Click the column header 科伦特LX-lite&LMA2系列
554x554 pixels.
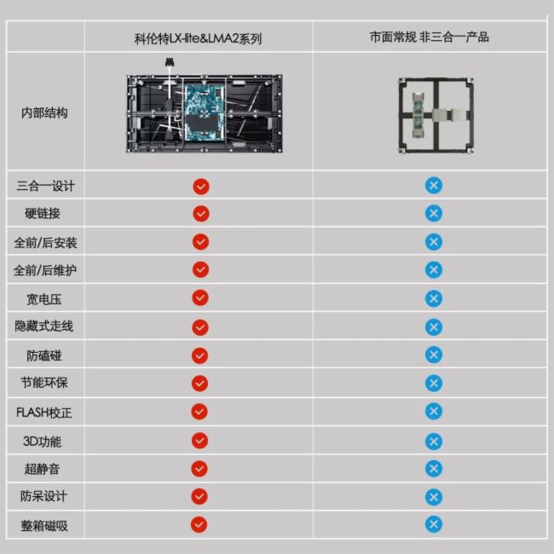coord(198,38)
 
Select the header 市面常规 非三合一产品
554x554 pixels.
coord(430,37)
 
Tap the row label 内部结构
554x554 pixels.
coord(44,113)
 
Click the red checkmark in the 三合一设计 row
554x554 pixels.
coord(201,186)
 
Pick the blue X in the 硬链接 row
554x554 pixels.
coord(434,213)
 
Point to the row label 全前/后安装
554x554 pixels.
coord(45,242)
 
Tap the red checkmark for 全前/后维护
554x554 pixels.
coord(200,269)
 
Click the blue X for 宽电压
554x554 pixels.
coord(434,298)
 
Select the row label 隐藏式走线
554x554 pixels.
coord(44,326)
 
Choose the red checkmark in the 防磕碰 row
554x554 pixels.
coord(200,355)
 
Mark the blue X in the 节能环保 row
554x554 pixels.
coord(434,383)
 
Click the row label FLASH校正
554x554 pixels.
coord(44,413)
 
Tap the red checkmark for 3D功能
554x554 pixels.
coord(199,441)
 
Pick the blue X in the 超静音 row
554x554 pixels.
coord(434,469)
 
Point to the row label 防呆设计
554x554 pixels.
coord(43,496)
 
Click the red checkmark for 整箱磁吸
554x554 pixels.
coord(199,525)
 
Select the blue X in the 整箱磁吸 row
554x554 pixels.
coord(434,524)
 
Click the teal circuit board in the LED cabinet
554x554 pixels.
coord(205,113)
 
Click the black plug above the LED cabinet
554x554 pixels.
coord(170,62)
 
